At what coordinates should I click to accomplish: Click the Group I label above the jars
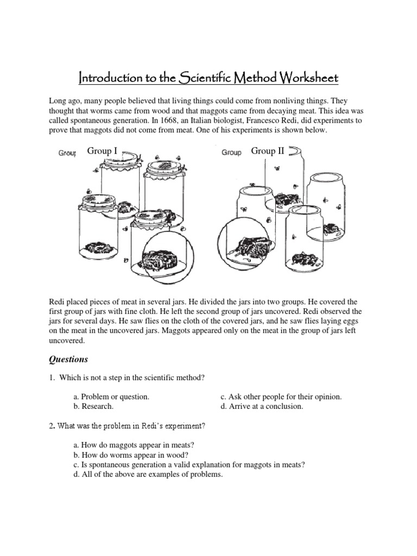pos(102,151)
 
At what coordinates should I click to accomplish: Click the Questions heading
pos(69,359)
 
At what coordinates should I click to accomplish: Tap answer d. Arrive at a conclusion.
pos(259,406)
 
